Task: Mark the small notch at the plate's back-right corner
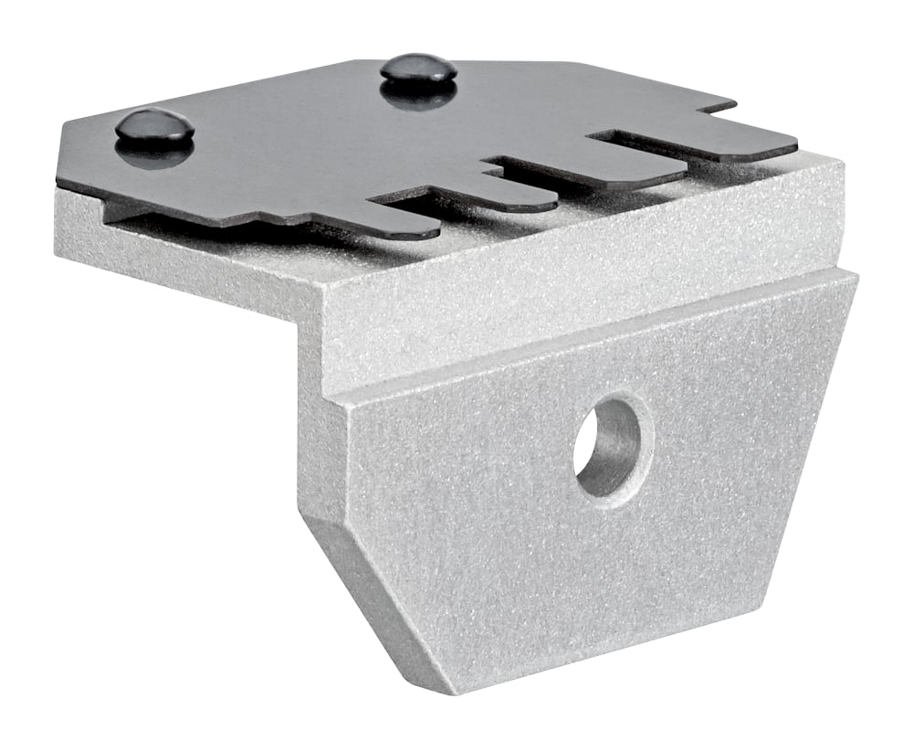click(x=717, y=108)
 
